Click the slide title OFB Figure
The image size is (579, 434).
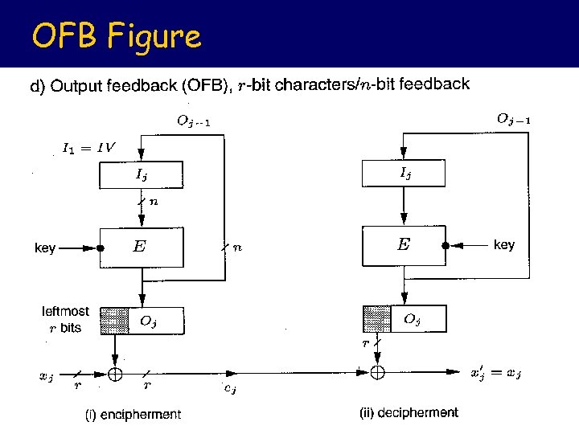pyautogui.click(x=116, y=36)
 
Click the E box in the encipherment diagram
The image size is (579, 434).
pyautogui.click(x=141, y=248)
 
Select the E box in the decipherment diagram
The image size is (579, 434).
pyautogui.click(x=404, y=245)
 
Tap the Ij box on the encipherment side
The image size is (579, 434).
pyautogui.click(x=141, y=175)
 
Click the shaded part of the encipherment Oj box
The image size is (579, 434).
pyautogui.click(x=113, y=321)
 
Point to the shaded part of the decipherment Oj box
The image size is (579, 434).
pyautogui.click(x=376, y=319)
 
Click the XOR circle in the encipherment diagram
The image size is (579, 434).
pyautogui.click(x=115, y=374)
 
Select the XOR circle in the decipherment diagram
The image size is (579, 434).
pyautogui.click(x=377, y=372)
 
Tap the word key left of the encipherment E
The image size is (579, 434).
pyautogui.click(x=45, y=248)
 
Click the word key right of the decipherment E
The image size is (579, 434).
pyautogui.click(x=503, y=244)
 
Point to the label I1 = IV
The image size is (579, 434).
pyautogui.click(x=88, y=148)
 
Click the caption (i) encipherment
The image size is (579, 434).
pyautogui.click(x=133, y=415)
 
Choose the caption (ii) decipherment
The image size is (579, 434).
pyautogui.click(x=409, y=413)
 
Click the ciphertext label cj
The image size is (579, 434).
pyautogui.click(x=229, y=390)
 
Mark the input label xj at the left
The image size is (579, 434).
pyautogui.click(x=47, y=375)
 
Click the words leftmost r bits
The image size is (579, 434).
pyautogui.click(x=65, y=319)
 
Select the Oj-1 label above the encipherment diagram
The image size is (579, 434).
pyautogui.click(x=193, y=121)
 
